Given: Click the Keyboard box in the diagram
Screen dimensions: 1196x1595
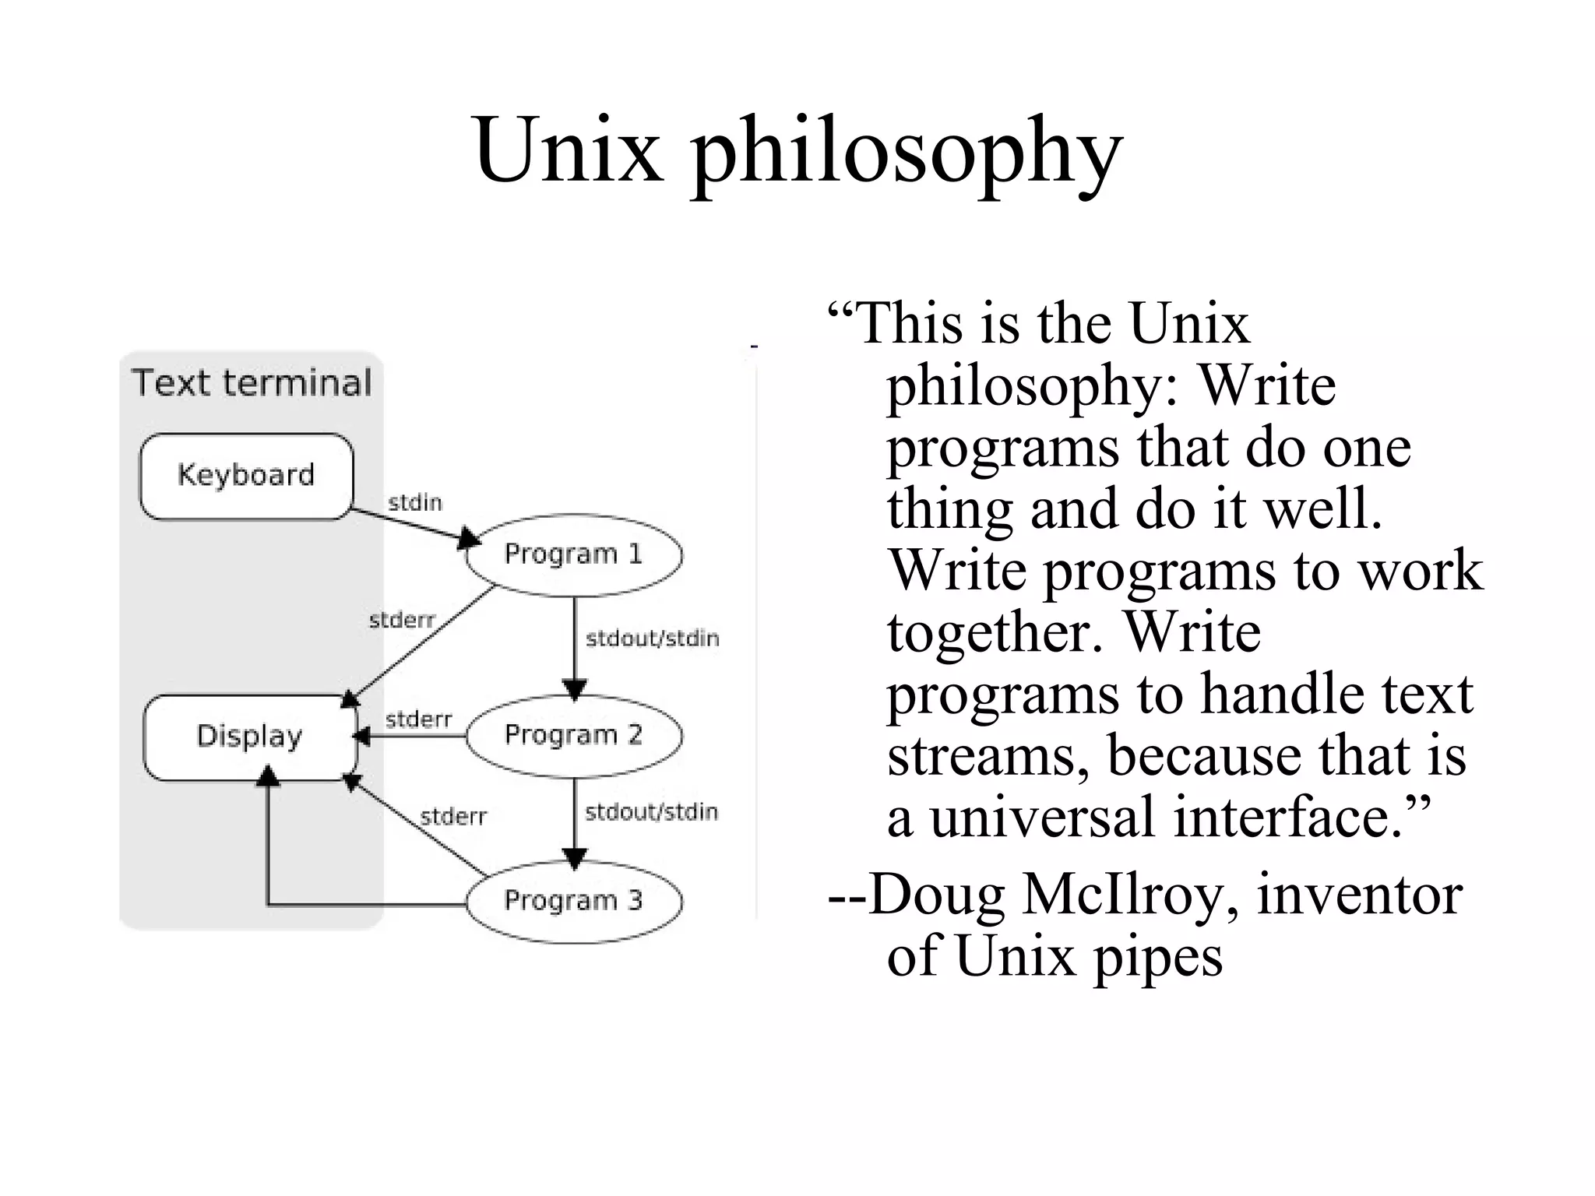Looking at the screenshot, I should (x=246, y=476).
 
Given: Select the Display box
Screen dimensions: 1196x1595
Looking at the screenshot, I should (x=249, y=737).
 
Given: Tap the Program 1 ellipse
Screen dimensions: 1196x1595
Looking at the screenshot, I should (x=574, y=554).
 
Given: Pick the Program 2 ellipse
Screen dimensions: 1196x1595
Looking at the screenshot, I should (x=574, y=735).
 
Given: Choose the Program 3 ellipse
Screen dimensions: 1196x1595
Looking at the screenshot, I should (x=574, y=901).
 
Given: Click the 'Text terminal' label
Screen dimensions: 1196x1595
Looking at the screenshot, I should (x=252, y=383).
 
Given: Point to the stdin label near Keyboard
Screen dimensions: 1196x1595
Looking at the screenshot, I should (x=415, y=503).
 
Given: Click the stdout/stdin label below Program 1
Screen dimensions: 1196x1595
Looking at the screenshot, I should (x=652, y=638).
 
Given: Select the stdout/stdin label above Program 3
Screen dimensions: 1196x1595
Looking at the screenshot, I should (x=651, y=812).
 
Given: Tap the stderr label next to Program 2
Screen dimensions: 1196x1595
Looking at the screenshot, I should (x=418, y=719).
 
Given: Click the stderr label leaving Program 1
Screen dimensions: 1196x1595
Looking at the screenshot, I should (x=401, y=620).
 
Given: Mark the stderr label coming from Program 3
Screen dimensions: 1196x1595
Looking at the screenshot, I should (x=452, y=817).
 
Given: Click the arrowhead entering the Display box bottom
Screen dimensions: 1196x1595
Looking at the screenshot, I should (x=268, y=775).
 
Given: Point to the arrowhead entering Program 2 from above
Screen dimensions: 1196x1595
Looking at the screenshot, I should (x=574, y=689).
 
